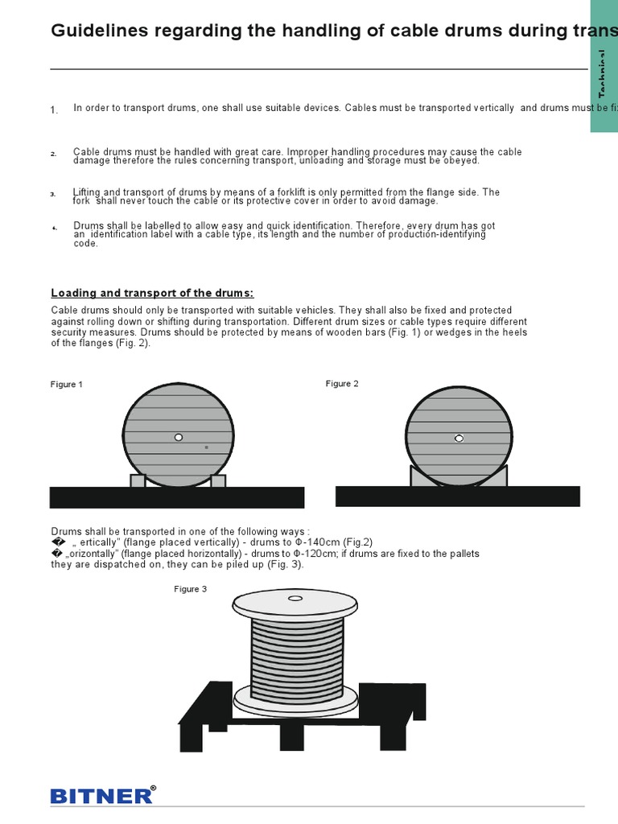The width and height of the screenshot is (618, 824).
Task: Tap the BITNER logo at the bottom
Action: (x=101, y=796)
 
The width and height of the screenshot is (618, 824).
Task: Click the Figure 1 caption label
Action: (x=67, y=385)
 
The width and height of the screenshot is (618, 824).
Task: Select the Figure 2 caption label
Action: (x=342, y=384)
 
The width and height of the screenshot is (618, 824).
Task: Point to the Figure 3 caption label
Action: (x=191, y=589)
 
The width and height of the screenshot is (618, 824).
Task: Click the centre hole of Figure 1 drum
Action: (x=179, y=437)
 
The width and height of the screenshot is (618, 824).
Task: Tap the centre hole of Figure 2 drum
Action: (x=459, y=439)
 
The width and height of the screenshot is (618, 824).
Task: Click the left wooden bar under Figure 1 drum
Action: (x=138, y=480)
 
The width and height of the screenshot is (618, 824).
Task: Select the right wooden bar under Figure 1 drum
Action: (x=218, y=480)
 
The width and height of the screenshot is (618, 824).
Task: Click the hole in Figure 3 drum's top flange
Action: (x=295, y=599)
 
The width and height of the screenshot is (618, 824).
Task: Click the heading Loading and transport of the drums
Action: (x=152, y=293)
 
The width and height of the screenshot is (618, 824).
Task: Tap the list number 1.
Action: (x=54, y=110)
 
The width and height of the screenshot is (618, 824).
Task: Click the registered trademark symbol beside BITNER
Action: (x=153, y=789)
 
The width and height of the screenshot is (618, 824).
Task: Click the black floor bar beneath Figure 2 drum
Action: (x=457, y=496)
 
